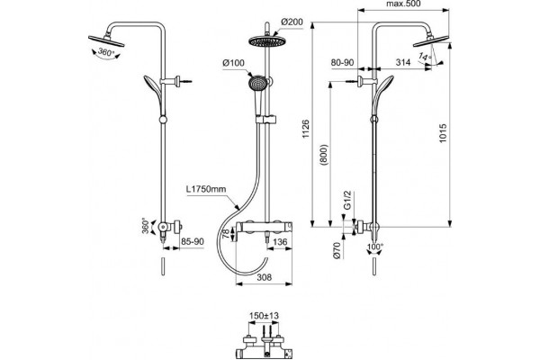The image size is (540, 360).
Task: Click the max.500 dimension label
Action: coord(403,4)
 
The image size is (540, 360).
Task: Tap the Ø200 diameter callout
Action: coord(292,22)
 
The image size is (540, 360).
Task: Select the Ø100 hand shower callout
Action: coord(233,63)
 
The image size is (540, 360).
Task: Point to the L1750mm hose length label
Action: coord(206,189)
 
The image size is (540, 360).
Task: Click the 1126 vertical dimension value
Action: coord(306,129)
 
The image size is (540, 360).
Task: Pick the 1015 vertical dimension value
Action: coord(443,134)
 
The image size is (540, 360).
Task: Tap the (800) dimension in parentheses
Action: coord(324,156)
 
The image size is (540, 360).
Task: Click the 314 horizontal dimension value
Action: coord(403,62)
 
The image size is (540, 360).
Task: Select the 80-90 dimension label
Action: coord(342,62)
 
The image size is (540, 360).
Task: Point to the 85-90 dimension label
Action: coord(193,241)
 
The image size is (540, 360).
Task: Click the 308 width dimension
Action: coord(264,277)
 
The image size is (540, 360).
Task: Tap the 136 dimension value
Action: coord(280,242)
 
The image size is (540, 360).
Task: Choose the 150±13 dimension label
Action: coord(264,316)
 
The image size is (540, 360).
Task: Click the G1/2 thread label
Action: coord(347,200)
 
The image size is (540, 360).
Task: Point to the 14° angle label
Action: coord(425,56)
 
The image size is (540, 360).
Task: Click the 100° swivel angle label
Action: coord(375,247)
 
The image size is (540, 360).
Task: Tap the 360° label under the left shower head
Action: coord(105,52)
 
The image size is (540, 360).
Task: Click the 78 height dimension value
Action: coord(226,235)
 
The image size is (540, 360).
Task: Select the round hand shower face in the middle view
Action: coord(257,84)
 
